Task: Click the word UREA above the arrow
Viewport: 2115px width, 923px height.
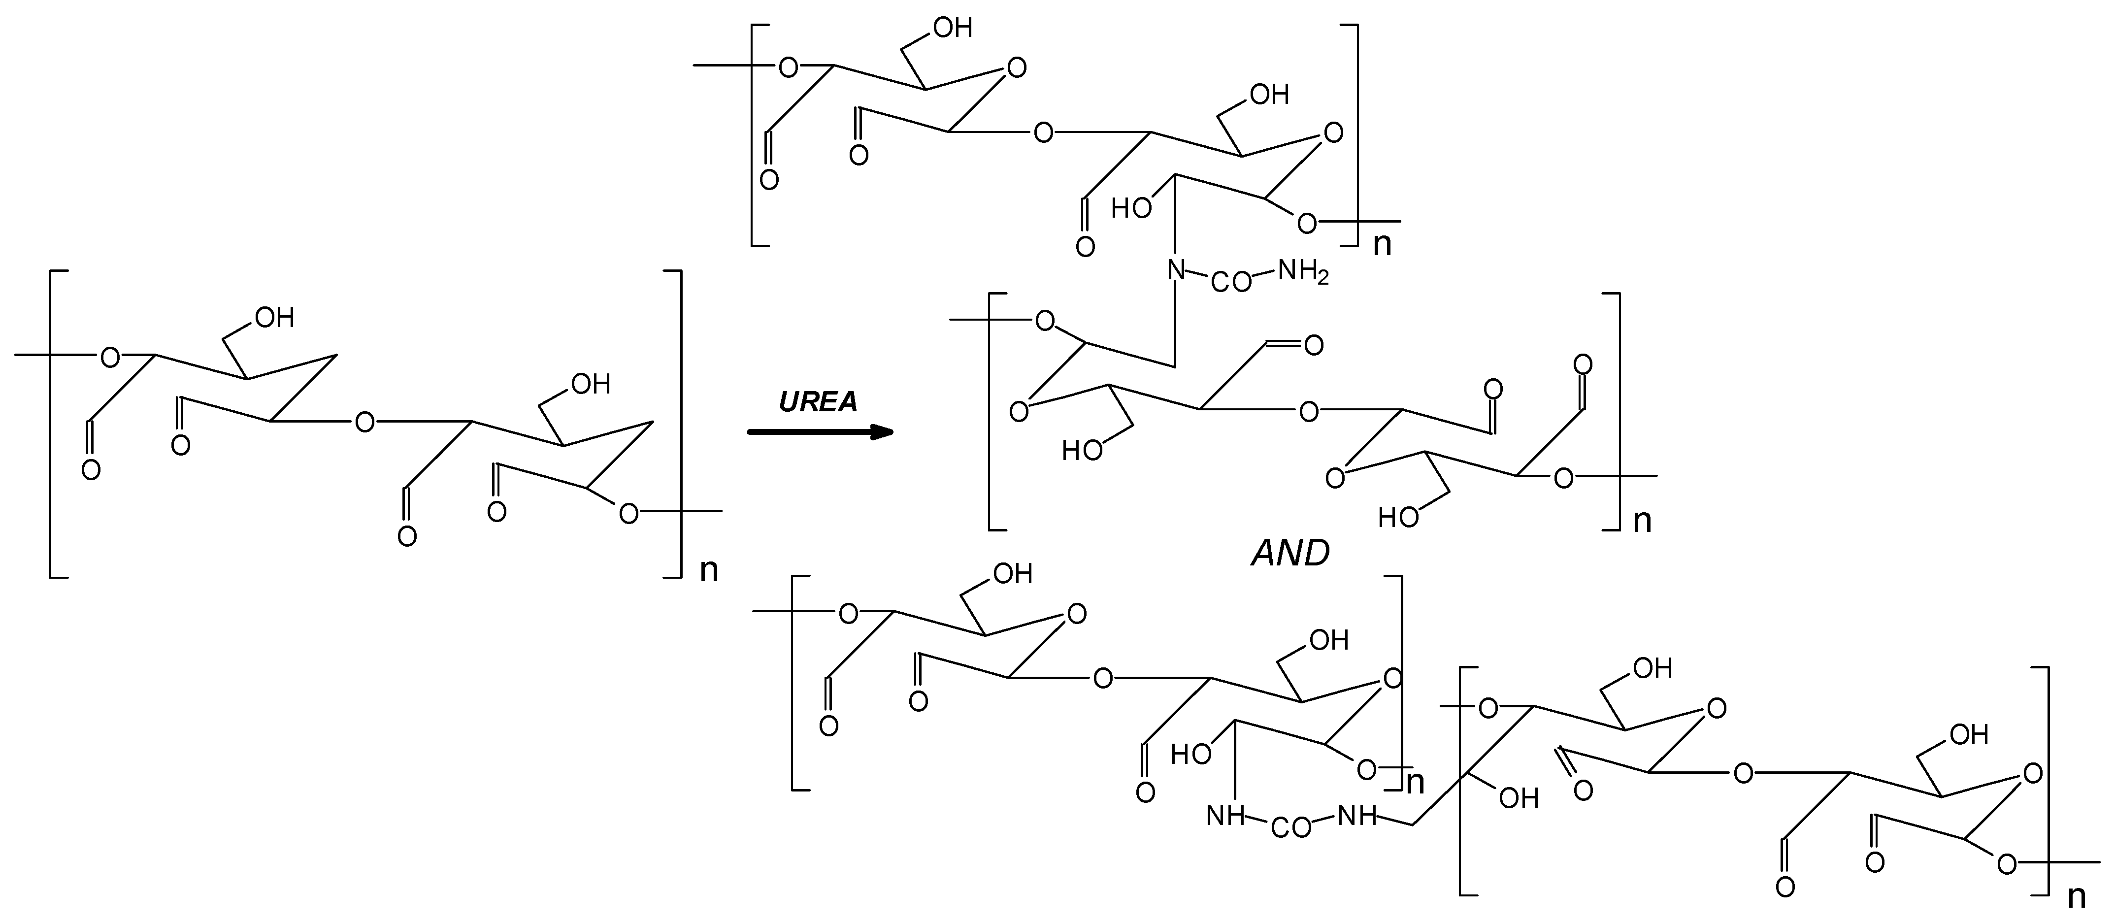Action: [818, 401]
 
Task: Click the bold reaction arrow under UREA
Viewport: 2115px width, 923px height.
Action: [820, 432]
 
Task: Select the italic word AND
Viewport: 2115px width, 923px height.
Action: [1290, 554]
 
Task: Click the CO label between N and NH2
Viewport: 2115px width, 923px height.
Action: [1231, 283]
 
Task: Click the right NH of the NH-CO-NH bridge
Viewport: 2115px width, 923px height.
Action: [1357, 816]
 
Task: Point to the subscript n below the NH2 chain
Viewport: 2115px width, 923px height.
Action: [1641, 521]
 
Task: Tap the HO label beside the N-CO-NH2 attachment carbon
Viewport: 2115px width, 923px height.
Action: [1131, 208]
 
